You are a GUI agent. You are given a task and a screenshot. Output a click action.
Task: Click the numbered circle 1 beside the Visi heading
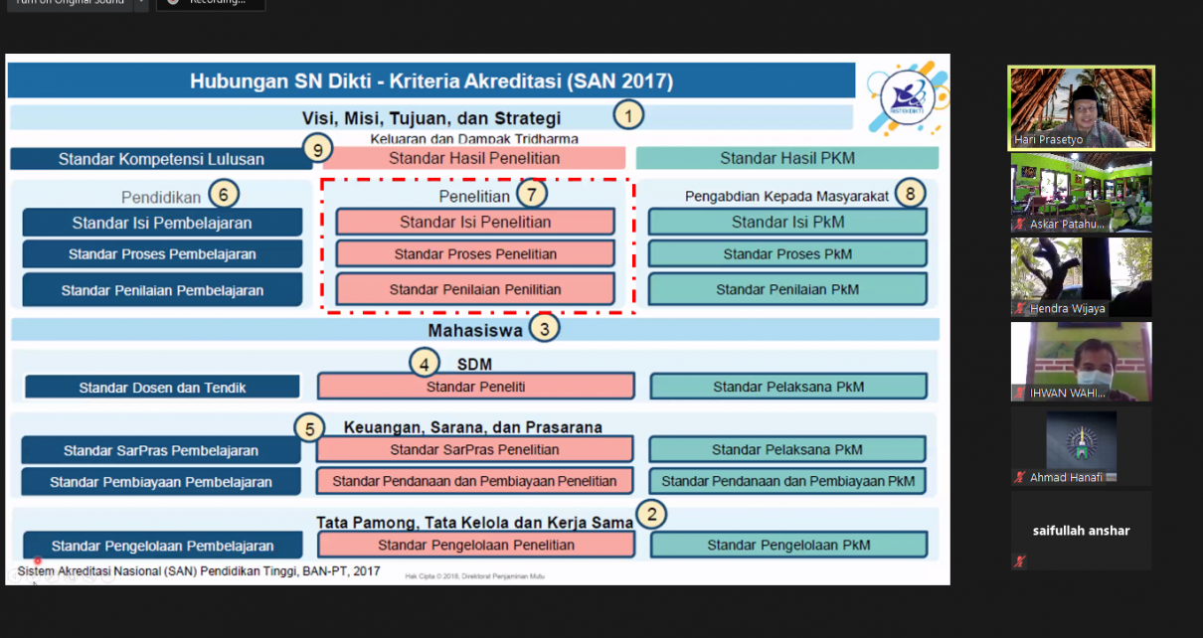(x=628, y=115)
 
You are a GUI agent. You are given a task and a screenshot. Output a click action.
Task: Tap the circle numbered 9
(x=317, y=149)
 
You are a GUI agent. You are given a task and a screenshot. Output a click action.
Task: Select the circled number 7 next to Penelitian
(x=532, y=193)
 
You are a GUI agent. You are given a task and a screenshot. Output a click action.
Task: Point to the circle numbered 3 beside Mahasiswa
(x=544, y=327)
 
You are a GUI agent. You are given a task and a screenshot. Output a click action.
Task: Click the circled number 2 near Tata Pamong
(x=651, y=514)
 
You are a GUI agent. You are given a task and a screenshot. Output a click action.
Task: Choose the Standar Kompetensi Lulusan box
(x=161, y=159)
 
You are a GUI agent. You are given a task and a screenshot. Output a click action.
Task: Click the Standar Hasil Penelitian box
(x=474, y=158)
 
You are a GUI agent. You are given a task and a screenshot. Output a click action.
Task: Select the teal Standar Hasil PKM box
(x=786, y=158)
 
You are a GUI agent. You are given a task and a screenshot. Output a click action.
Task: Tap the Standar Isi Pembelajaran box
(x=162, y=223)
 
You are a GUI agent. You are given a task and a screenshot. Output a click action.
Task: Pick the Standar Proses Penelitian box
(x=475, y=253)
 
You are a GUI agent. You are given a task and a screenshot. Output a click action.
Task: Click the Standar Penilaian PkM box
(x=787, y=289)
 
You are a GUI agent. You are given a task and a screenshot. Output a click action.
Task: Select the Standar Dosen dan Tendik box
(x=162, y=388)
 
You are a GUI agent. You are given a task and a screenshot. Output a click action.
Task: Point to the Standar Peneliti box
(x=475, y=387)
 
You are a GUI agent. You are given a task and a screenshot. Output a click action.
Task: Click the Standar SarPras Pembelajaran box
(x=161, y=450)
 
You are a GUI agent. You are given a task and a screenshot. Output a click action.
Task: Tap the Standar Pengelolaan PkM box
(x=788, y=545)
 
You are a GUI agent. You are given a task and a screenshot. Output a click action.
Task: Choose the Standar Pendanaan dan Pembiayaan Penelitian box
(x=475, y=481)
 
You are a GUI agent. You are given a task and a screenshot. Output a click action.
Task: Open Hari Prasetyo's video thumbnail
(x=1081, y=107)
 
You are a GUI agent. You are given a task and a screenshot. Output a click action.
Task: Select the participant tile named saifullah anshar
(x=1081, y=531)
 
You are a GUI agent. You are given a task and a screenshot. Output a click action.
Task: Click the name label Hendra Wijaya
(x=1068, y=309)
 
